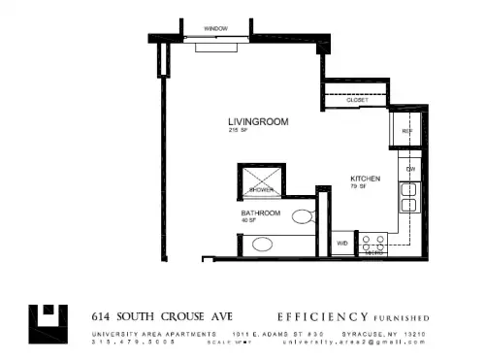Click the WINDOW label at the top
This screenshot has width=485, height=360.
coord(214,29)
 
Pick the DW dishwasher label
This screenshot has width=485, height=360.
coord(411,170)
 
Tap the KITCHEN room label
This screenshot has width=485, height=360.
coord(365,179)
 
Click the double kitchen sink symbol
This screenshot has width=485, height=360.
coord(409,197)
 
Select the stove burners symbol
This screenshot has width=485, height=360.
coord(372,243)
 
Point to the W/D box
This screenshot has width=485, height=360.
coord(342,242)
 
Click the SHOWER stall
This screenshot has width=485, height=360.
coord(260,180)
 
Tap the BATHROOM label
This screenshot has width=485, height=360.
coord(261,213)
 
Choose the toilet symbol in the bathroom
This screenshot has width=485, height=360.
coord(304,215)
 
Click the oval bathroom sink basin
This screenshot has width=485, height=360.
coord(262,244)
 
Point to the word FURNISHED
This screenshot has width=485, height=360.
coord(401,317)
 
